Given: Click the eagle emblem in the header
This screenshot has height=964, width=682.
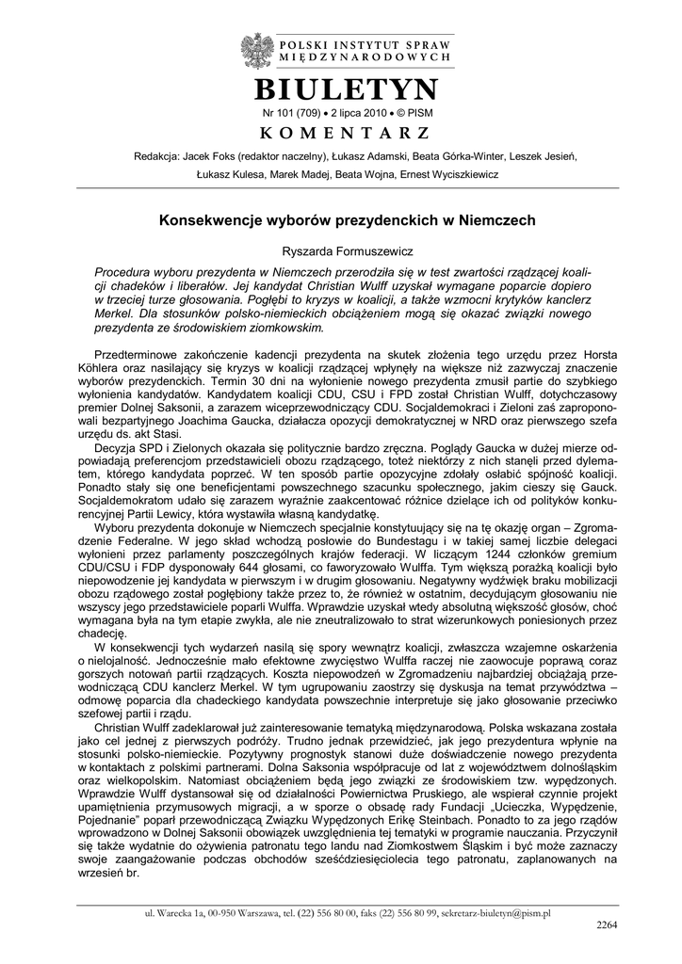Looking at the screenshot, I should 254,48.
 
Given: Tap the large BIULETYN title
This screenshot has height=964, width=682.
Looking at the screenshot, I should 347,90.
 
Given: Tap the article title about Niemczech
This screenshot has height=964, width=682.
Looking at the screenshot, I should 347,219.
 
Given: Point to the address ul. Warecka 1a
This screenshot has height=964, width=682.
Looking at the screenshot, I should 175,912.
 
